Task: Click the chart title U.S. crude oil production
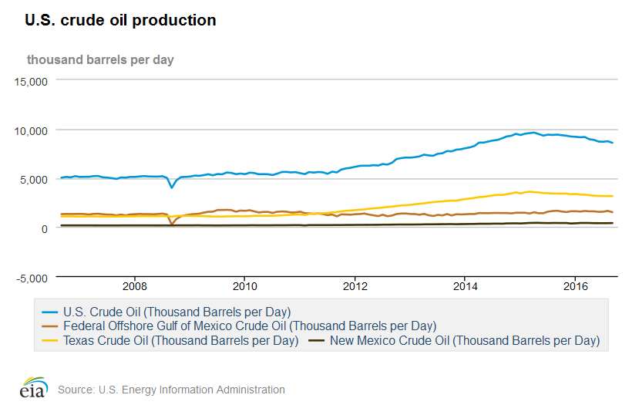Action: [x=120, y=21]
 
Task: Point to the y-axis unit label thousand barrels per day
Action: [x=100, y=59]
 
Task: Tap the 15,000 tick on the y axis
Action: [x=32, y=80]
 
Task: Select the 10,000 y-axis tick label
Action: [x=32, y=130]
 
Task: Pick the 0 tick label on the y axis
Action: [x=45, y=228]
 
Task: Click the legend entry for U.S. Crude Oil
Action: [x=177, y=312]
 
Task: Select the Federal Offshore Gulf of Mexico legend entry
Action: [x=250, y=326]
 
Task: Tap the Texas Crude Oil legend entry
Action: [x=180, y=339]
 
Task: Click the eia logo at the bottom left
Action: [x=33, y=387]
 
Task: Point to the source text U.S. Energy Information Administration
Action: [x=171, y=390]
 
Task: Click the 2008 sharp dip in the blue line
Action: [x=172, y=187]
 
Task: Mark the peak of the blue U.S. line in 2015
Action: [x=533, y=132]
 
